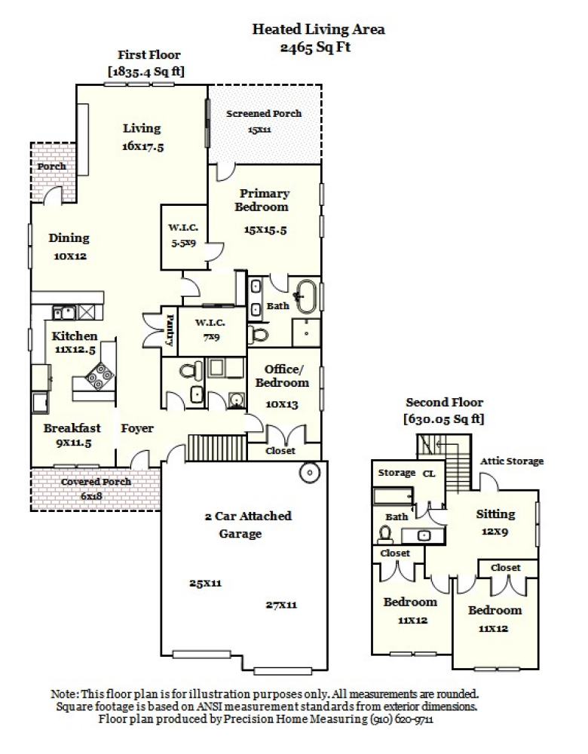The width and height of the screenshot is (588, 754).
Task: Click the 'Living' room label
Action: (142, 128)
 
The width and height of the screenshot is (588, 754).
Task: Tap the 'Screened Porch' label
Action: (264, 114)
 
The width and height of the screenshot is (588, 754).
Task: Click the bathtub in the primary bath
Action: (306, 296)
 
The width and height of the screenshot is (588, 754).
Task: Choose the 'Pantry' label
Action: (170, 330)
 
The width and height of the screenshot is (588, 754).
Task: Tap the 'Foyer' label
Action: (137, 428)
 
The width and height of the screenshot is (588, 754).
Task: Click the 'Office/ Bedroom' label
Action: (286, 375)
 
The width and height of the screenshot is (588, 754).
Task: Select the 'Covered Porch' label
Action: (96, 482)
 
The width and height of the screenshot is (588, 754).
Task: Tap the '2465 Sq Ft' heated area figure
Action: (317, 46)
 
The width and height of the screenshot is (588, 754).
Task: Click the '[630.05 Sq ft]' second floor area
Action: (444, 418)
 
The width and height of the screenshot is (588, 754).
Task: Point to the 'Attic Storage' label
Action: (512, 461)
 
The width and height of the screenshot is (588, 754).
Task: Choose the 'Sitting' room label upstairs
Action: (495, 514)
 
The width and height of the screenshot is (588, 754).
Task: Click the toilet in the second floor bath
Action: (385, 534)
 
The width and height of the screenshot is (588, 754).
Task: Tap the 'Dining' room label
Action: (69, 238)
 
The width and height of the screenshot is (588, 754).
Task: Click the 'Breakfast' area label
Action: (72, 428)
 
